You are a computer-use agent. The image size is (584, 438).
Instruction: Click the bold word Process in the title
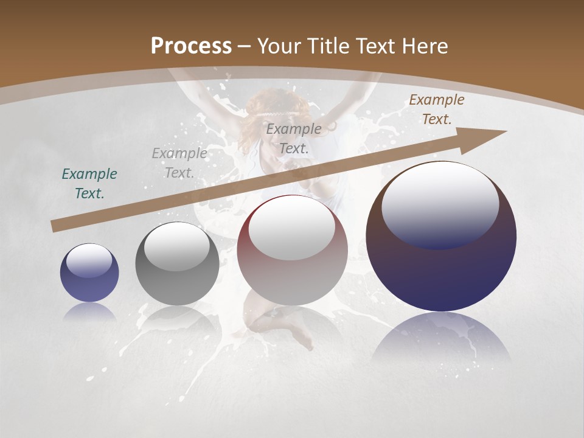click(191, 46)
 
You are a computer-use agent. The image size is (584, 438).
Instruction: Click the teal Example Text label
click(89, 184)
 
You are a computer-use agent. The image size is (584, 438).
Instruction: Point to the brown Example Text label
click(436, 109)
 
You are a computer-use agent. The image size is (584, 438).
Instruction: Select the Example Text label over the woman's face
click(294, 138)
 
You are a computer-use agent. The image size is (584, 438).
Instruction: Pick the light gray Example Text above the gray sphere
click(179, 163)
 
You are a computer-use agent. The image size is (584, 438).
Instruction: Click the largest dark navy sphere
click(441, 268)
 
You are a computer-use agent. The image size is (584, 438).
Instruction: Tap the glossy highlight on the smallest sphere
click(89, 261)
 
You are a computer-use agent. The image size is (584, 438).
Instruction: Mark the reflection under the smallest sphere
click(89, 311)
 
